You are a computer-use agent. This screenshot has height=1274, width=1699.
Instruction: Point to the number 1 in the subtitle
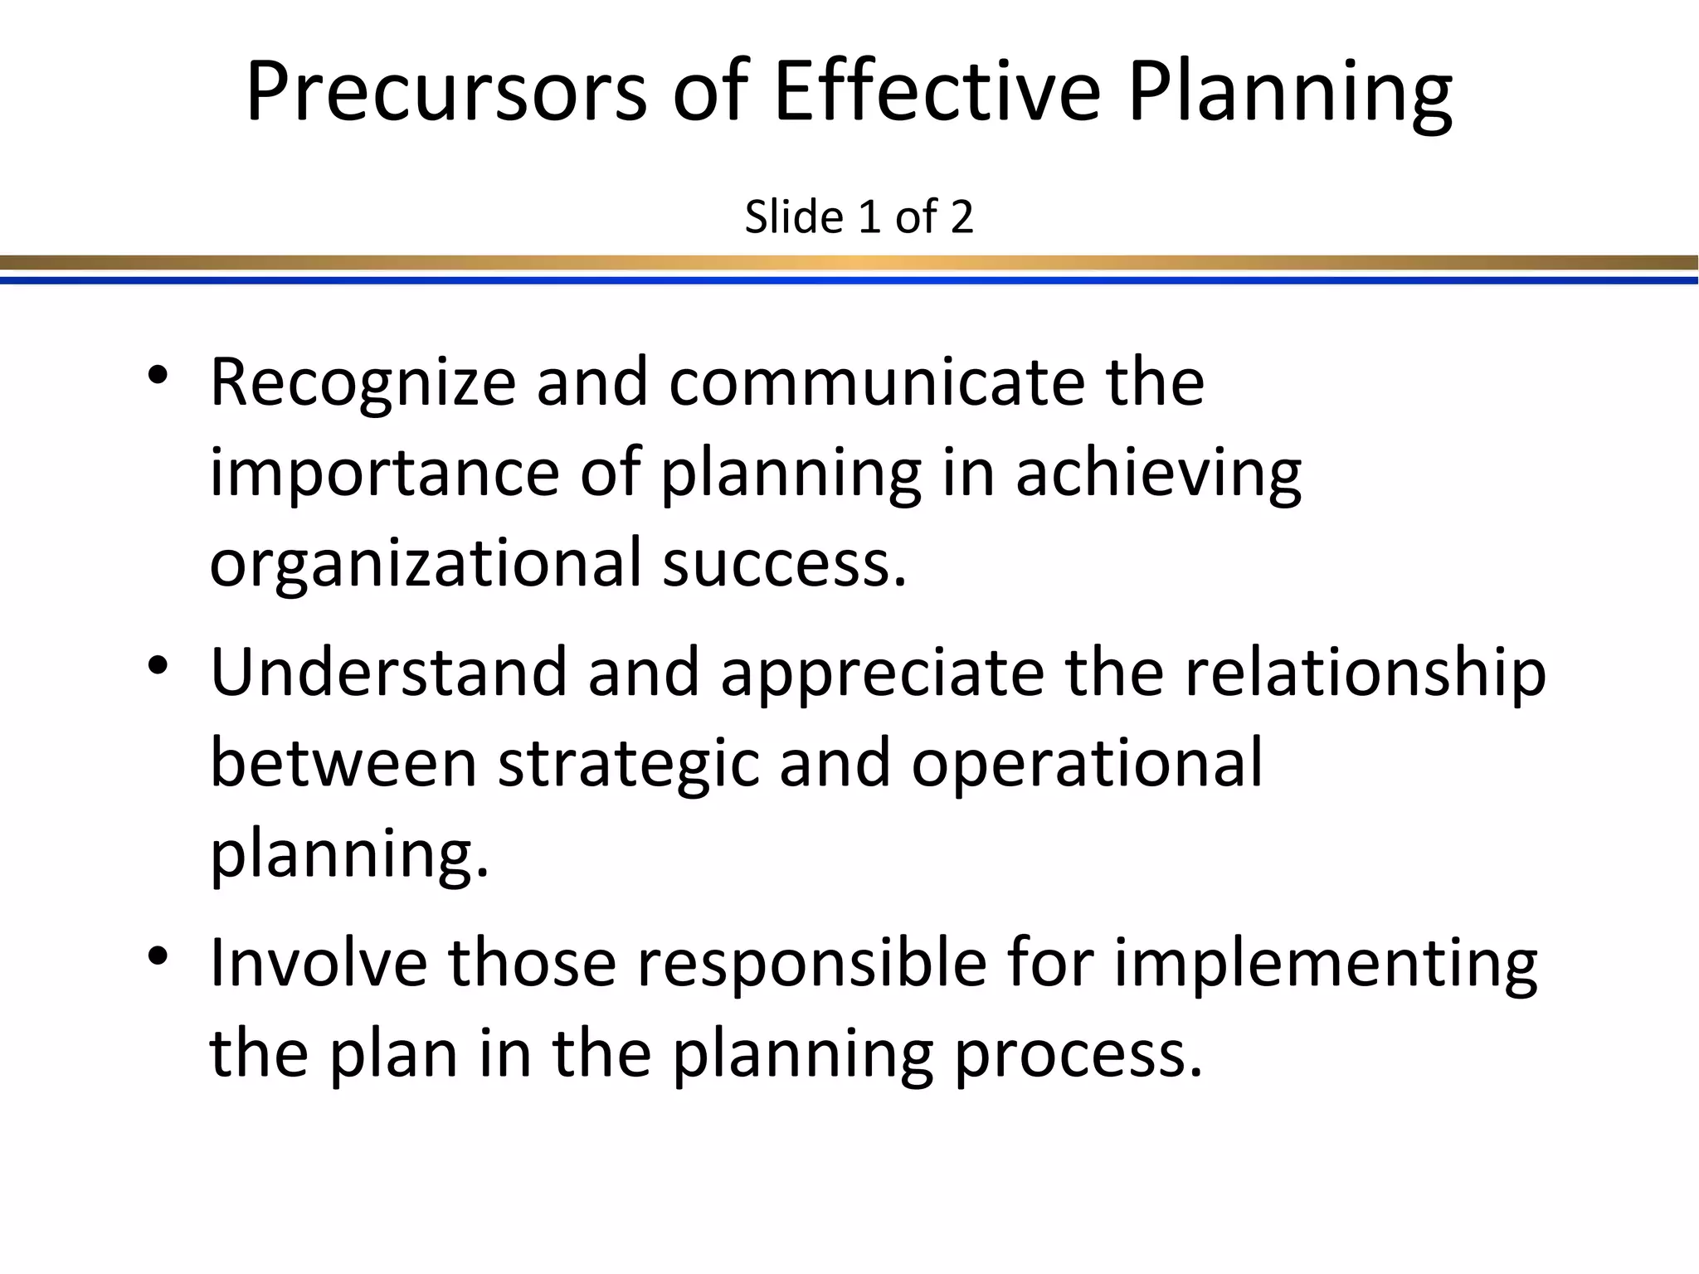click(869, 218)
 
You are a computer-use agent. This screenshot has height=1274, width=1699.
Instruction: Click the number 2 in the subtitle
click(961, 218)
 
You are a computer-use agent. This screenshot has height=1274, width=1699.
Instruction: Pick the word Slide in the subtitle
click(794, 217)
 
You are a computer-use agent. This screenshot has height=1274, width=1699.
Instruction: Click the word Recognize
click(363, 383)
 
